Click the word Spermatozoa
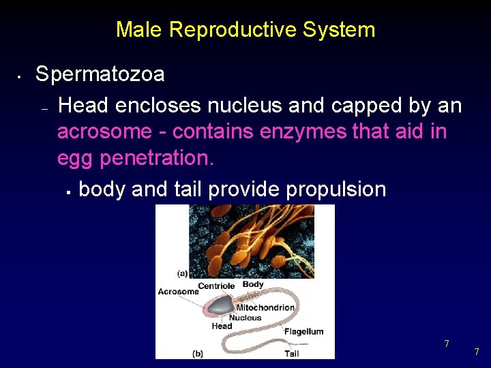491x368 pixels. point(100,74)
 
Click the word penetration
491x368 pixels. point(156,157)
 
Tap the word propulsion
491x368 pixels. point(336,189)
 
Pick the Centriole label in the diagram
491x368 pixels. point(216,286)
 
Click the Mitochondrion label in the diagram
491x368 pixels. point(265,307)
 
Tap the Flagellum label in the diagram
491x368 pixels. point(303,332)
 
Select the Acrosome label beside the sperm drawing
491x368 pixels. point(178,292)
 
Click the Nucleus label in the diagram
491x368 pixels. point(245,318)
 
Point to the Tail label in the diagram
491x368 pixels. point(291,354)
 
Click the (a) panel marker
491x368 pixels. point(182,274)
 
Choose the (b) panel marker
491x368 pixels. point(197,354)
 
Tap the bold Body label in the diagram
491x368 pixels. point(253,284)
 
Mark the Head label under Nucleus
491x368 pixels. point(222,326)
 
